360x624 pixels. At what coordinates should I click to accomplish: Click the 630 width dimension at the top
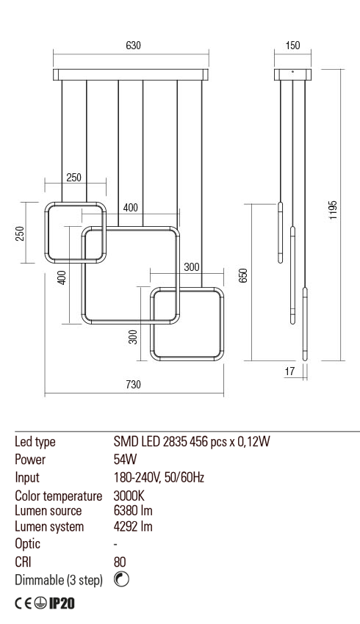point(132,46)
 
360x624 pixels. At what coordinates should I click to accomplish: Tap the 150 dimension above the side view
point(292,46)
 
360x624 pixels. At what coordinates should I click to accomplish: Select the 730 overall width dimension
point(132,385)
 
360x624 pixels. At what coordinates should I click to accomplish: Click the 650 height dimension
point(243,275)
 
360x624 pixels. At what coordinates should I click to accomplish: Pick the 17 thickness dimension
point(289,372)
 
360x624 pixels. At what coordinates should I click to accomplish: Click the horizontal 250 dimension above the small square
point(74,177)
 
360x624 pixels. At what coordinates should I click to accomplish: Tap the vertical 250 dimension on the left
point(21,233)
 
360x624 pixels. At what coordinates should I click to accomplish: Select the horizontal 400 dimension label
point(130,208)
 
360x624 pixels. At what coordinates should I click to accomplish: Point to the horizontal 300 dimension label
point(191,267)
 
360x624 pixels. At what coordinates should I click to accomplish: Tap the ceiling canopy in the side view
point(292,74)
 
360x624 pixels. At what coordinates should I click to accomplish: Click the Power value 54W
point(125,460)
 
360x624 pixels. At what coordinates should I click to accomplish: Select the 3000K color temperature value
point(129,496)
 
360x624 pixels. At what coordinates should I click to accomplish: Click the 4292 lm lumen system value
point(133,526)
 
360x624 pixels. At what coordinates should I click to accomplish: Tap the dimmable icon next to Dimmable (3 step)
point(123,580)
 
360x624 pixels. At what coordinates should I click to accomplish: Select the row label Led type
point(35,442)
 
